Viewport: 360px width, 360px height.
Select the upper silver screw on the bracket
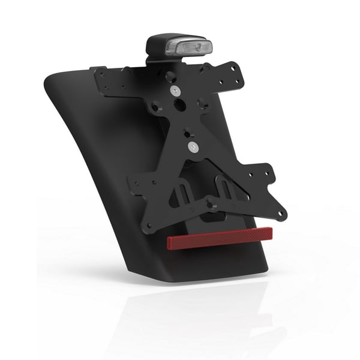pos(174,90)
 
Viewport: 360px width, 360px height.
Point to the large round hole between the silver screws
pos(180,104)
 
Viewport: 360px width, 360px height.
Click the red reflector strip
pos(220,238)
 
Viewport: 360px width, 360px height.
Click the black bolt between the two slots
pos(211,204)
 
